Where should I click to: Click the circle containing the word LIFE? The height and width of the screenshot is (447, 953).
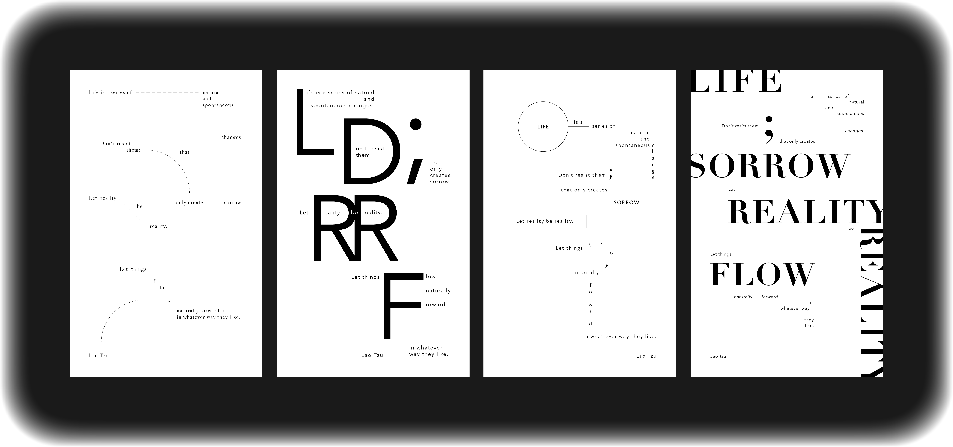543,126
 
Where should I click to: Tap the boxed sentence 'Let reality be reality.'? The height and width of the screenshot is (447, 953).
544,221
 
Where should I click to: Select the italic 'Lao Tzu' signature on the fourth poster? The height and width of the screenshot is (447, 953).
718,356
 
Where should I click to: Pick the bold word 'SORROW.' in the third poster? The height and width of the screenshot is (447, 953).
627,203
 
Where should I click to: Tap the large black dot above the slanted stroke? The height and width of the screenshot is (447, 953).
416,124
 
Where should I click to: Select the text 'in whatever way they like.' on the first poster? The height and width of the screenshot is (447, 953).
208,317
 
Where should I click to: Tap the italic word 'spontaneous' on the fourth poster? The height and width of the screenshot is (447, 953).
850,113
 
